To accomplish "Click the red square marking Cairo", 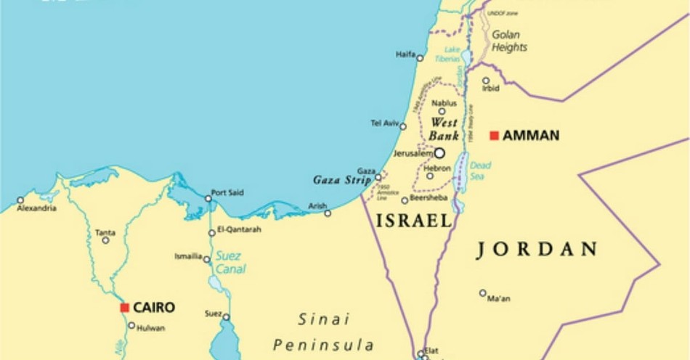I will (125, 308).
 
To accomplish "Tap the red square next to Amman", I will (494, 136).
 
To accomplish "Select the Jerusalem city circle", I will (439, 154).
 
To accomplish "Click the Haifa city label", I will (405, 54).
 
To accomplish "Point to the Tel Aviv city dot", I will (403, 126).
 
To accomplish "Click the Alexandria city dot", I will (20, 200).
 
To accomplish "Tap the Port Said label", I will (227, 192).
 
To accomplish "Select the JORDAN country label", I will (537, 250).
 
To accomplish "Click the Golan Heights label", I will (509, 41).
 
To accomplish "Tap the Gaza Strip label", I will (341, 179).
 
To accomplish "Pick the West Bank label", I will (443, 128).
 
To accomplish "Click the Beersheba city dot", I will (405, 200).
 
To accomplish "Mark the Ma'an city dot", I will (482, 293).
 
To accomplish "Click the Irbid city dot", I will (486, 81).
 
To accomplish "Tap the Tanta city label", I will (105, 232).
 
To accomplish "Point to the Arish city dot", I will (328, 213).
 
